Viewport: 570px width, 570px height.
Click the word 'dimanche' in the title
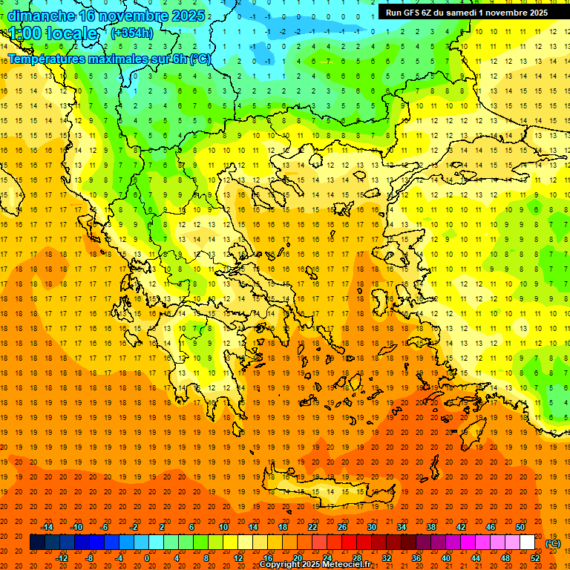click(x=41, y=15)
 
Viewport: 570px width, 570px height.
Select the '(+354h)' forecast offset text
click(x=132, y=33)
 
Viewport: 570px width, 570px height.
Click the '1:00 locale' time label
click(x=53, y=33)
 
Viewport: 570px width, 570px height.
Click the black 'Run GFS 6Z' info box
click(x=467, y=12)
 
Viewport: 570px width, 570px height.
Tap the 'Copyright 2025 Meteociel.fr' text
click(x=315, y=565)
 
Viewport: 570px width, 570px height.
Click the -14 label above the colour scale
click(x=47, y=527)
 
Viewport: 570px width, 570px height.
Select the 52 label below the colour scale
click(x=535, y=557)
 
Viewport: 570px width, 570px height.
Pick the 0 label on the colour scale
click(x=147, y=557)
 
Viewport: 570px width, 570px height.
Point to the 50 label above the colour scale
click(x=520, y=527)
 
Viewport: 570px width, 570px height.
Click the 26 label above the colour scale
click(x=342, y=527)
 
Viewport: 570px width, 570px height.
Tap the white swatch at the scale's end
click(x=527, y=543)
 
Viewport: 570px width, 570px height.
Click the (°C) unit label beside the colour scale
click(x=553, y=543)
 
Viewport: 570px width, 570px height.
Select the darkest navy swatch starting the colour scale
click(x=37, y=543)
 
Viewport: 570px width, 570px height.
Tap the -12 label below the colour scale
click(x=62, y=557)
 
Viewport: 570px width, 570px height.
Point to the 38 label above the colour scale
click(x=430, y=527)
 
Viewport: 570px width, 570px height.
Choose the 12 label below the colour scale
click(x=238, y=557)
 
